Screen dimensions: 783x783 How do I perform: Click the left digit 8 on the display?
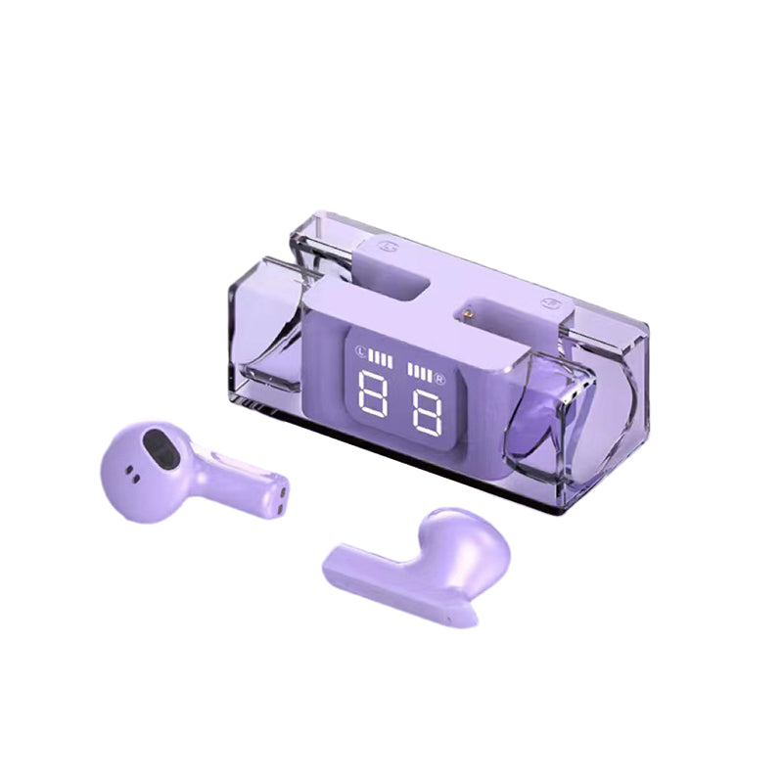(x=373, y=392)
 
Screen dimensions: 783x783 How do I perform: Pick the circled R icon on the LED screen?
(x=439, y=378)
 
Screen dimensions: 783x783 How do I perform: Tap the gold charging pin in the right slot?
(x=468, y=314)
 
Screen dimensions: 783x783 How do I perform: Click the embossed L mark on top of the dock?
(x=386, y=246)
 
